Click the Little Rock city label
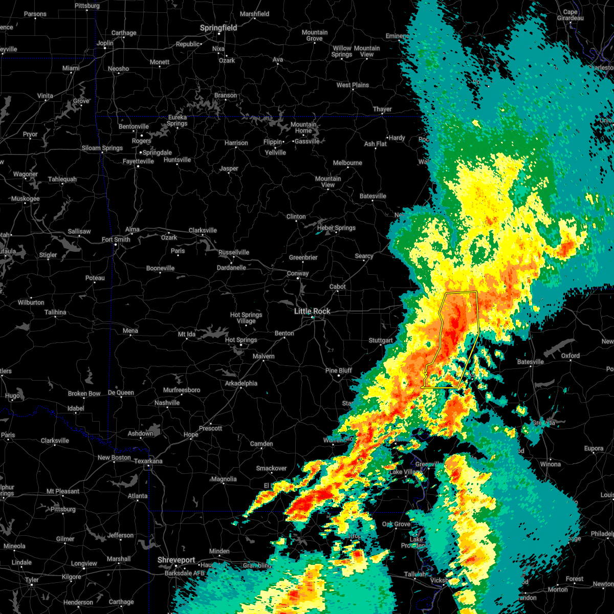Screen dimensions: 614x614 (x=312, y=311)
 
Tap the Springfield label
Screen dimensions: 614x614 (x=218, y=28)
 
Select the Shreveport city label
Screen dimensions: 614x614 (x=176, y=560)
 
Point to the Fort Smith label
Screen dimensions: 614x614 (x=116, y=239)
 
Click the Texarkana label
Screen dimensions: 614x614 (x=148, y=461)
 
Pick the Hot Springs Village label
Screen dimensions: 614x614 (x=246, y=318)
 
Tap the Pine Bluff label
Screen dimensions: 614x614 (x=339, y=370)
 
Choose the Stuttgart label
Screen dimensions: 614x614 (x=381, y=341)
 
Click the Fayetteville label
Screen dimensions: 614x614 (x=138, y=161)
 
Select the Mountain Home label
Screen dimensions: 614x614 (x=303, y=127)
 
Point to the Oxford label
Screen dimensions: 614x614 (x=571, y=356)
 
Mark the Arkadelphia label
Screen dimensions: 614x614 (x=241, y=383)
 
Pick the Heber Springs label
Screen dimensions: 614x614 (x=337, y=228)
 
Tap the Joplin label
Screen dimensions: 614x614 (x=105, y=43)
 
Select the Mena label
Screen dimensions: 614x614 (x=130, y=331)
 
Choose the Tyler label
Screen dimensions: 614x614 (x=31, y=580)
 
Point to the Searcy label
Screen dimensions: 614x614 (x=364, y=256)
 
